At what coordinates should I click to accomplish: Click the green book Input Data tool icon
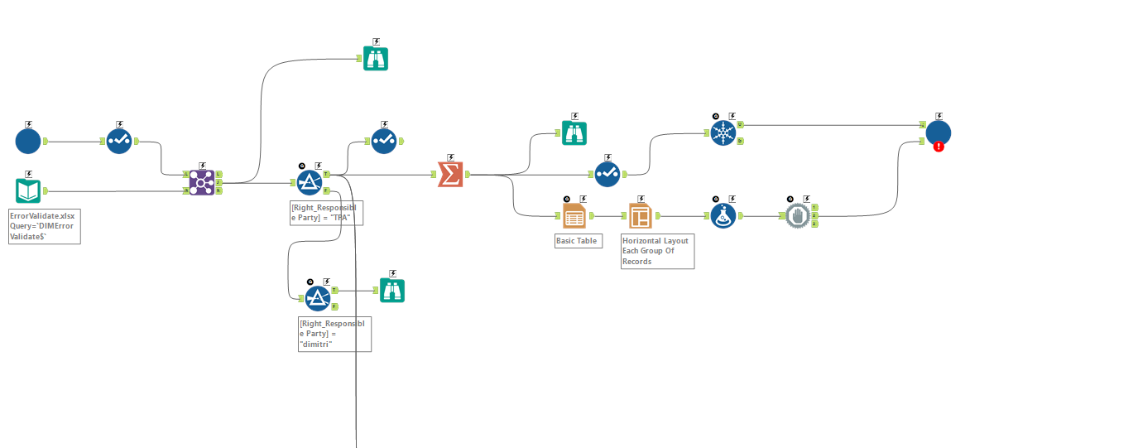tap(28, 191)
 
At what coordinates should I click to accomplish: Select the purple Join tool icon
tap(202, 182)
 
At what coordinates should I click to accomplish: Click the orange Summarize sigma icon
tap(450, 175)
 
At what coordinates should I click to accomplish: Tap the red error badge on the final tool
tap(939, 147)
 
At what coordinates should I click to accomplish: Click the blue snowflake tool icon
tap(723, 133)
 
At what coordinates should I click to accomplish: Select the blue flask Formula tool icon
tap(723, 216)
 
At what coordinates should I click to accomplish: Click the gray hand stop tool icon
tap(797, 216)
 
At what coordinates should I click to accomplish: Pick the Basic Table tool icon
tap(574, 216)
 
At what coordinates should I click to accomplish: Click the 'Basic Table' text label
tap(576, 241)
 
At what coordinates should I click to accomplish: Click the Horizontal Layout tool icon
tap(640, 216)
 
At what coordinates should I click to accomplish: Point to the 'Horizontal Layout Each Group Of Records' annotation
tap(657, 251)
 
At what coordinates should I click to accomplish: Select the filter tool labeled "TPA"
tap(310, 182)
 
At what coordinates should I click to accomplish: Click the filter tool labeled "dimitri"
tap(318, 298)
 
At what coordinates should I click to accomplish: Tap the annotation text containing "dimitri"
tap(334, 334)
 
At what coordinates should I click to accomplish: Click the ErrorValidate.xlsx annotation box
tap(45, 226)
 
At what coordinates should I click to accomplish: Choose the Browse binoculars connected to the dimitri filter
tap(392, 291)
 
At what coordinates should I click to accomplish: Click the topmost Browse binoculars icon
tap(376, 58)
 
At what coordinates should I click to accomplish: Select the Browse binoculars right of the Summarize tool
tap(574, 132)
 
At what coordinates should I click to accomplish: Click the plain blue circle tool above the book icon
tap(28, 141)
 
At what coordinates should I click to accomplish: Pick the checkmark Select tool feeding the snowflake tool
tap(607, 174)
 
